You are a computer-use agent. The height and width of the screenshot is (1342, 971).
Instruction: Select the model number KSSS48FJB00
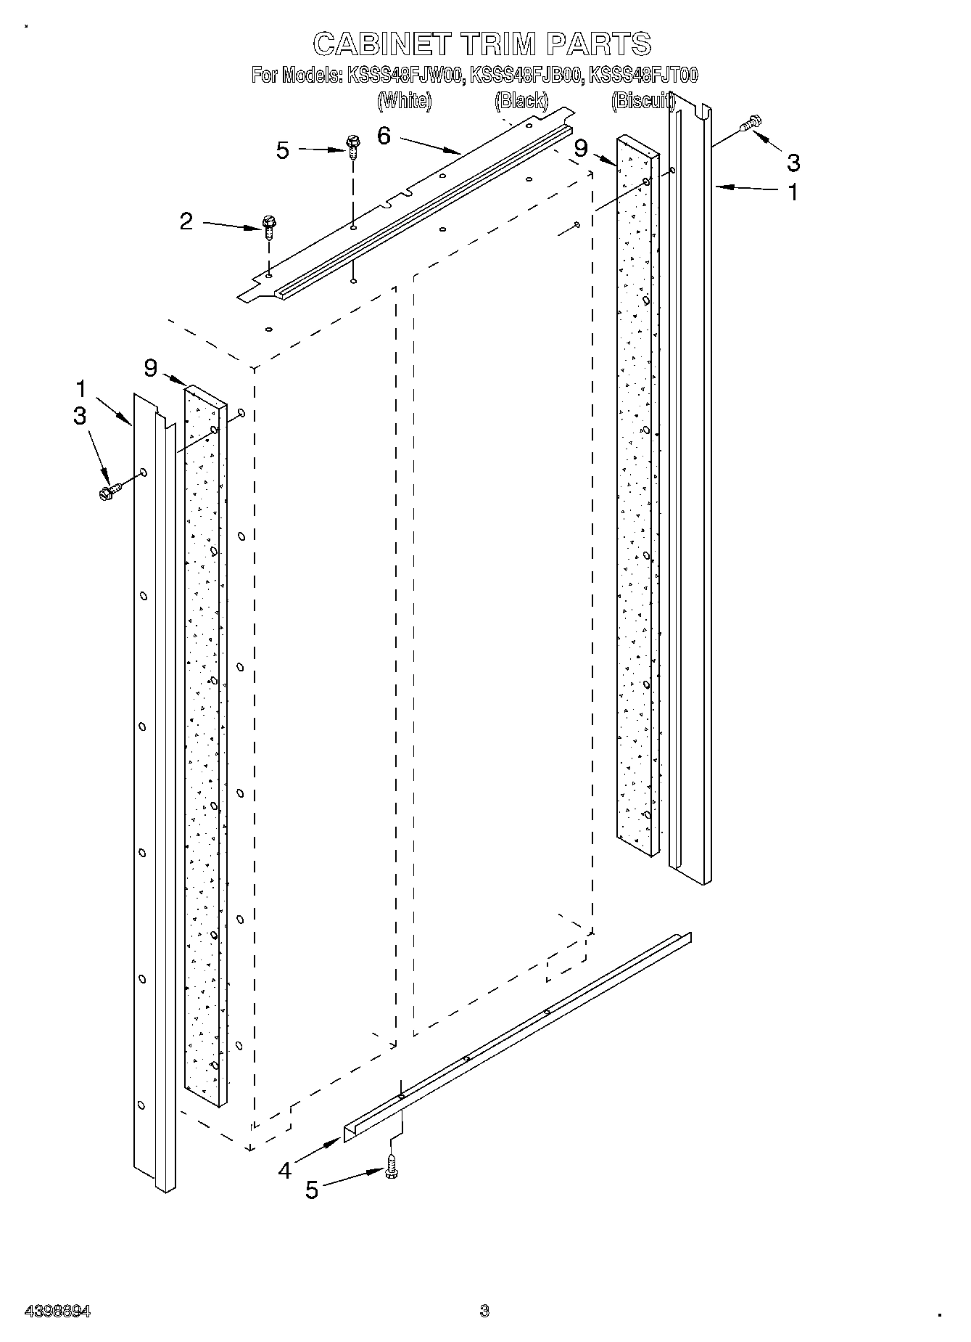click(x=526, y=75)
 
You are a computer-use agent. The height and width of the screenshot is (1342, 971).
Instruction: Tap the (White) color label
click(x=404, y=101)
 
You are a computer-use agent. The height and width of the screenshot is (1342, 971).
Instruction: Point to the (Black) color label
click(x=521, y=101)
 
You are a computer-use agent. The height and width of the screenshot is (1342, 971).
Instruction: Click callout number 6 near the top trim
click(x=384, y=136)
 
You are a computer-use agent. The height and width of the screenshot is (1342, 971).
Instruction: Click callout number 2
click(x=186, y=221)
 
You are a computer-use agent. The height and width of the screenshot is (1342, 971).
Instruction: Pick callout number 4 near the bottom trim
click(x=285, y=1170)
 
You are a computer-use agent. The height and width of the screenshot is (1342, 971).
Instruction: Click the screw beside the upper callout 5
click(x=353, y=147)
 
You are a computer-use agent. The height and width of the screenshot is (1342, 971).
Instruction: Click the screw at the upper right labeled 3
click(x=751, y=125)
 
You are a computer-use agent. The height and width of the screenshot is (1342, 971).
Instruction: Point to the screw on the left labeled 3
click(x=109, y=491)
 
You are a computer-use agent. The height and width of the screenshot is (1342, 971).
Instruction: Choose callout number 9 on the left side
click(x=151, y=369)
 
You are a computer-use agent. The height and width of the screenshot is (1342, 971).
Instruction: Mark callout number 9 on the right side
click(x=580, y=149)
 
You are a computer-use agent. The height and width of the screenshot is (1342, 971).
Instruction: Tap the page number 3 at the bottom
click(x=484, y=1311)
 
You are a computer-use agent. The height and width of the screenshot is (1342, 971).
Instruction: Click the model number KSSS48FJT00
click(x=643, y=75)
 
